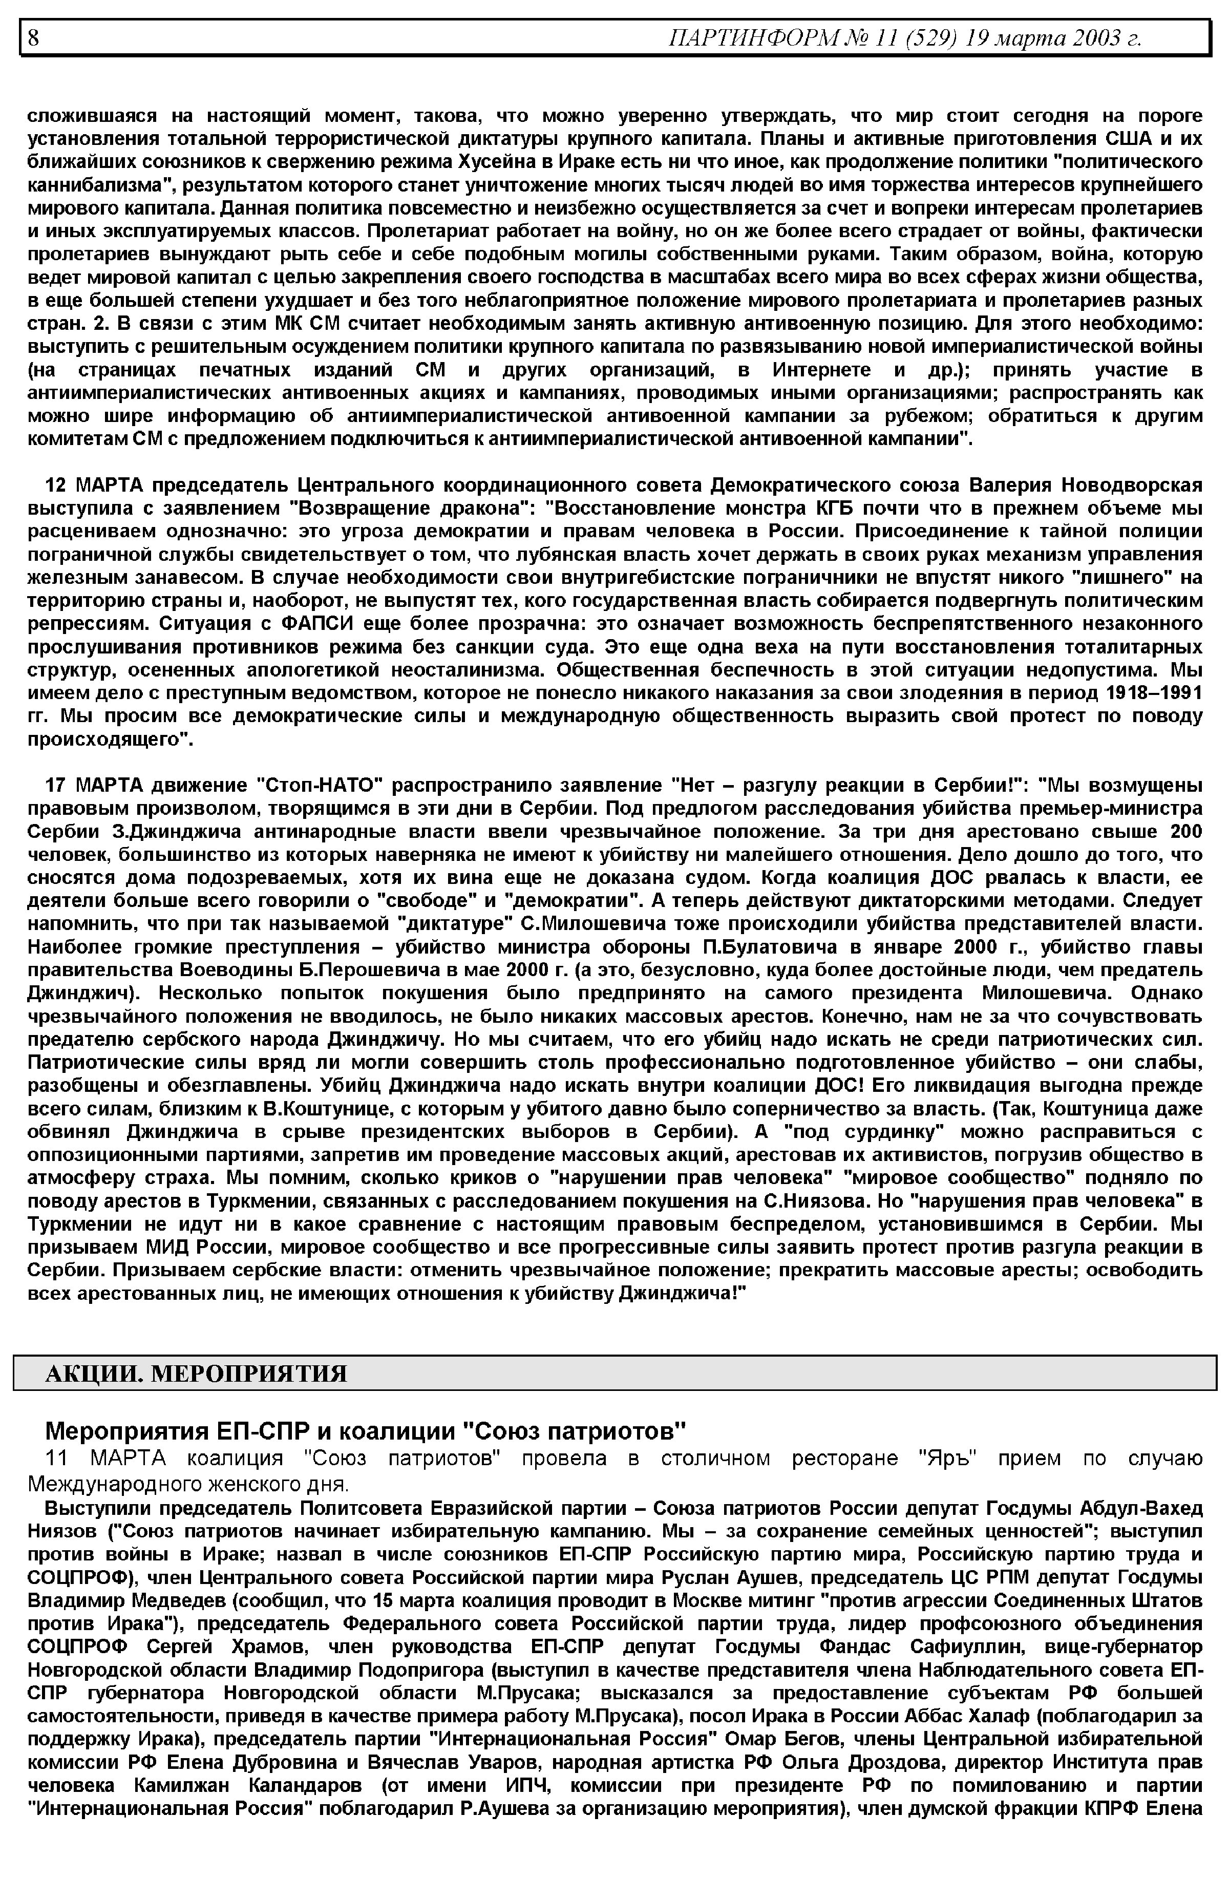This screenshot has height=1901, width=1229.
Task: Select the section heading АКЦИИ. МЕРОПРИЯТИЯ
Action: [x=196, y=1374]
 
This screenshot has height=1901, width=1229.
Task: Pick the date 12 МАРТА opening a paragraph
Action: [x=93, y=485]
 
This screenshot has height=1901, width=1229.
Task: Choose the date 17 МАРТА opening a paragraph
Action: [x=93, y=785]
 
